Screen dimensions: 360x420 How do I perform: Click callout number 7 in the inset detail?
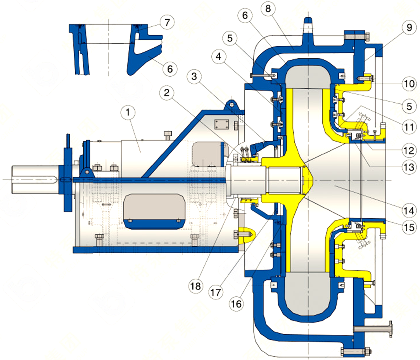tap(167, 23)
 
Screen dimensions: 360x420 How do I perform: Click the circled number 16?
tap(236, 303)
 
